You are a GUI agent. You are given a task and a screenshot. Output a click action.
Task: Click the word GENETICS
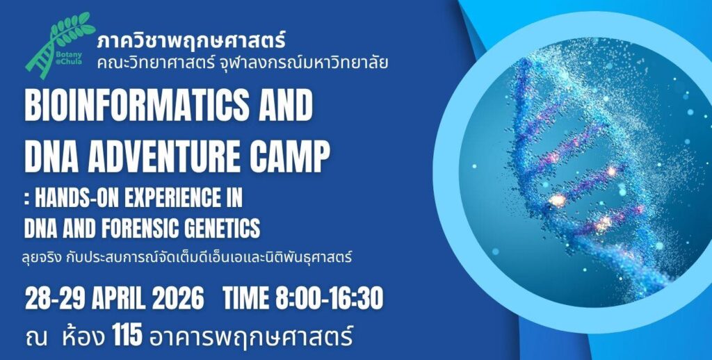point(220,227)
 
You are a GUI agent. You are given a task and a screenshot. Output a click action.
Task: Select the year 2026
point(178,299)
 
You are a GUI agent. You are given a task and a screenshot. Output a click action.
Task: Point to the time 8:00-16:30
point(329,299)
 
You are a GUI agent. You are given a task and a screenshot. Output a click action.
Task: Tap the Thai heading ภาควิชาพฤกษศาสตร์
point(191,41)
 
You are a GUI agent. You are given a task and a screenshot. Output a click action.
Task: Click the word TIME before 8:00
point(245,299)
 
